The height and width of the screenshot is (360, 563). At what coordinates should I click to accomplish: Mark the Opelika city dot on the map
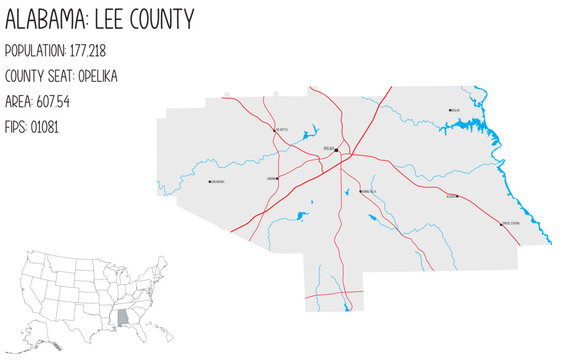point(337,151)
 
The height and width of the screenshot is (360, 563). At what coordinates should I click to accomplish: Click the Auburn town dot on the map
point(277,179)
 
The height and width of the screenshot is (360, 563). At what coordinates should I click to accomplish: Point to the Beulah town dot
point(449,110)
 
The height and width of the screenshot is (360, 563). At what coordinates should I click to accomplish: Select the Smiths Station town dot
point(501,224)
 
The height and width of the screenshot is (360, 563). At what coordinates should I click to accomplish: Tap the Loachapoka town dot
point(209,182)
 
